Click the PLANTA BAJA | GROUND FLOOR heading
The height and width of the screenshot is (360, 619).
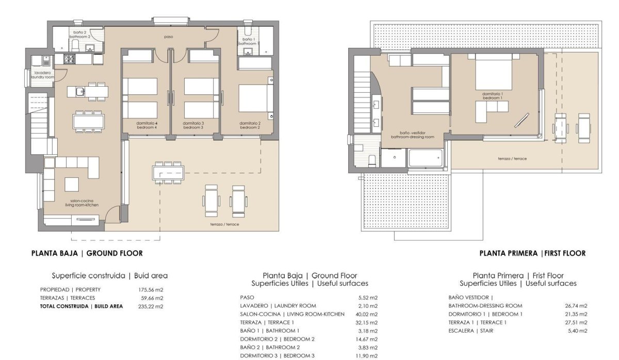coord(87,253)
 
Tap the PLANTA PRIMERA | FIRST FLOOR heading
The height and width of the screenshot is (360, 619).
coord(532,253)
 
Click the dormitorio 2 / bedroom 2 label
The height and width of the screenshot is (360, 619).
coord(250,125)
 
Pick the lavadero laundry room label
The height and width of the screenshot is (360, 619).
coord(42,75)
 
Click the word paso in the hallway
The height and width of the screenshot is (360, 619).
coord(168,37)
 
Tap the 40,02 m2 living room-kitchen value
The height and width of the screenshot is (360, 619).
coord(367,314)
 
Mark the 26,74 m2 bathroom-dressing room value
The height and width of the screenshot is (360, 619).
coord(576,306)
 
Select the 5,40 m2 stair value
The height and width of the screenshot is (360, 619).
coord(578,331)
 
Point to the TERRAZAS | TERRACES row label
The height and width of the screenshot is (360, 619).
coord(68,298)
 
